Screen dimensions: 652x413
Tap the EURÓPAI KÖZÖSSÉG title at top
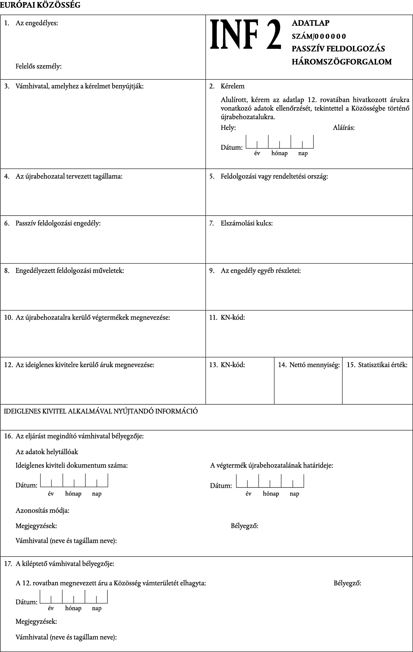click(x=40, y=5)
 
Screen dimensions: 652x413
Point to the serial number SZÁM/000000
click(x=319, y=36)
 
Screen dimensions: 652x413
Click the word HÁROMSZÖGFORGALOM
click(x=341, y=62)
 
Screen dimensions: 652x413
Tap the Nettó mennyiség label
click(x=314, y=365)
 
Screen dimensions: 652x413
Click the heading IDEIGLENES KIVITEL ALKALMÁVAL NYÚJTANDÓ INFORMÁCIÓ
click(x=101, y=411)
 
